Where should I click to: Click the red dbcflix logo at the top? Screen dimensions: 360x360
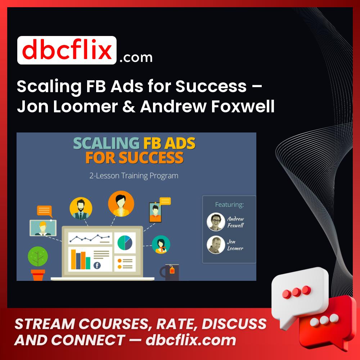[x=67, y=50]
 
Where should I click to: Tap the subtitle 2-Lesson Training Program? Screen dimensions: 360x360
[x=134, y=176]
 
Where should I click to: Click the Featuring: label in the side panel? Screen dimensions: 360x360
[x=229, y=205]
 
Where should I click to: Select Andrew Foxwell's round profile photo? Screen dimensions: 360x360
[x=216, y=222]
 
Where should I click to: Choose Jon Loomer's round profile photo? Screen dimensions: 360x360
[x=216, y=245]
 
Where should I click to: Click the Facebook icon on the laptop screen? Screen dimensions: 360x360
[x=97, y=266]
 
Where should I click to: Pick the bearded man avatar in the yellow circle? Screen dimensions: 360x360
[x=81, y=208]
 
